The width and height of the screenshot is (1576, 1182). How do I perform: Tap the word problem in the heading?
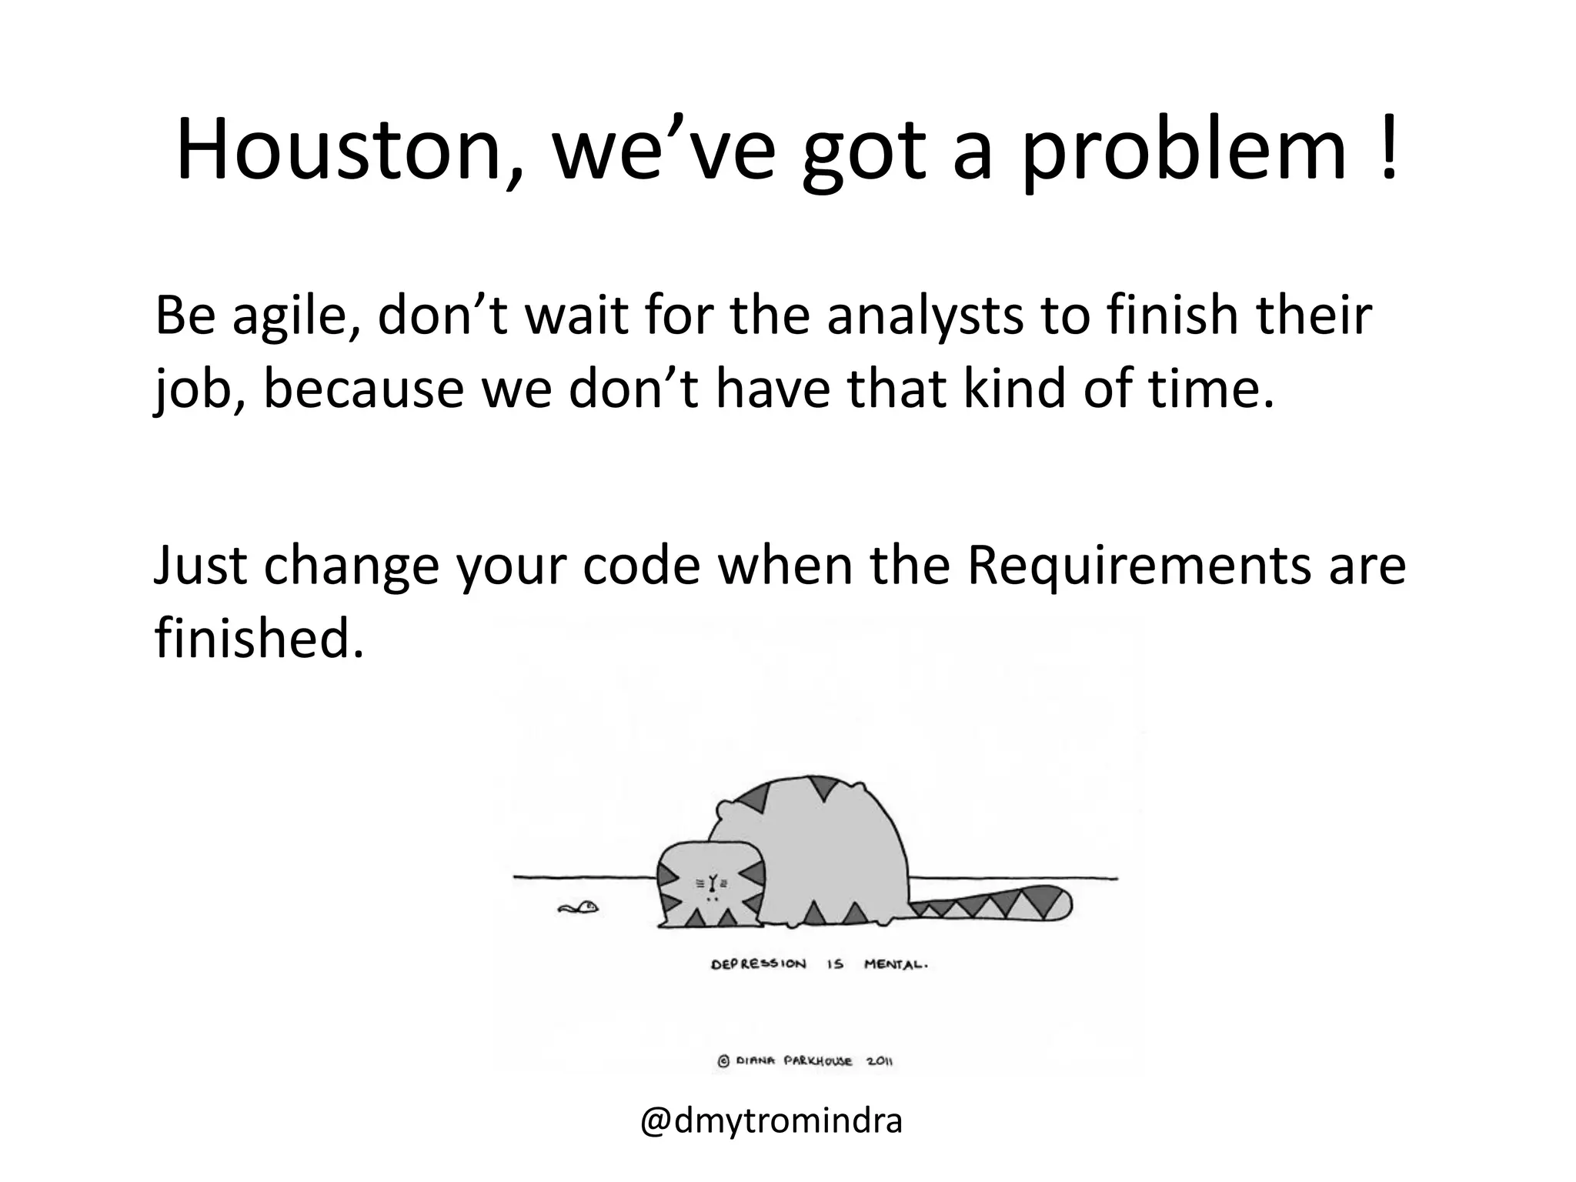coord(1184,151)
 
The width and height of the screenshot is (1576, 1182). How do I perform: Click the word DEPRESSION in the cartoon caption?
coord(758,964)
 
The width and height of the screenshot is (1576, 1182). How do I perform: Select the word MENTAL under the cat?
coord(896,965)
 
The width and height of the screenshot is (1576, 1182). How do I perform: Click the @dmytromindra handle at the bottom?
coord(771,1121)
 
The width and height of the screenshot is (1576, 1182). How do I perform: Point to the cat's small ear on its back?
coord(724,810)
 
